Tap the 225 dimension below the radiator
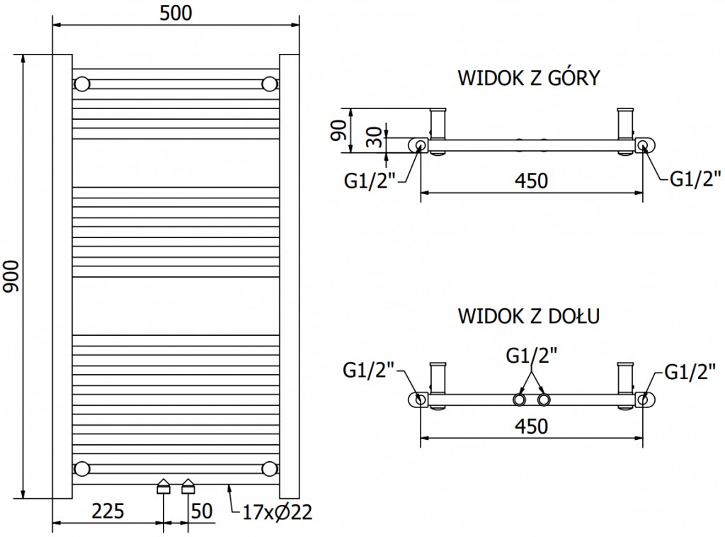click(x=108, y=511)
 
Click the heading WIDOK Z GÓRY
click(x=529, y=77)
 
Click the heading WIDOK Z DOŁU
click(x=529, y=315)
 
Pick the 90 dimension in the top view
click(x=339, y=130)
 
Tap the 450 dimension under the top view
click(x=530, y=181)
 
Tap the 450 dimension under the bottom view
click(x=530, y=426)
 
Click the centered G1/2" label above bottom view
click(x=530, y=355)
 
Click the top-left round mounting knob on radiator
click(x=83, y=84)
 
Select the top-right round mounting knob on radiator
click(x=269, y=84)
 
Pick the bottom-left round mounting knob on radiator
click(x=83, y=468)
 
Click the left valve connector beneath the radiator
click(x=164, y=486)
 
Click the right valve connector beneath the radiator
click(x=188, y=486)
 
